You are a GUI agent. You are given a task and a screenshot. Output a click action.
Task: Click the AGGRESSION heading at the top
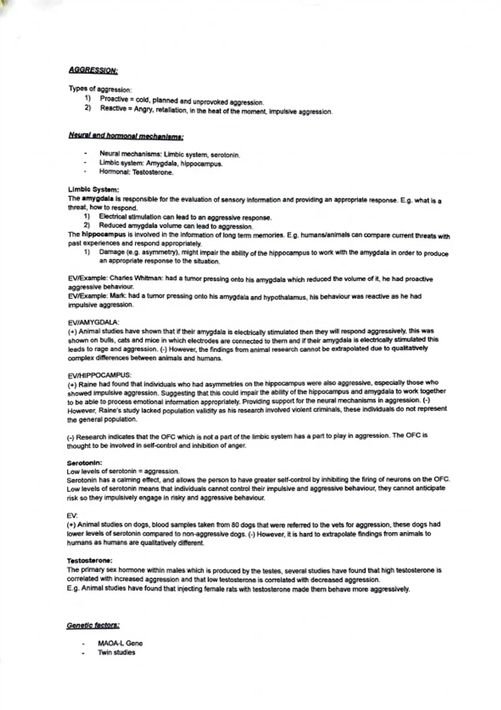pyautogui.click(x=93, y=70)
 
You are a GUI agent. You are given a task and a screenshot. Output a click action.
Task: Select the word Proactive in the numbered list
pyautogui.click(x=114, y=99)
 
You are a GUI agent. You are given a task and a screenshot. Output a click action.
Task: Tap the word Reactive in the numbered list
pyautogui.click(x=113, y=109)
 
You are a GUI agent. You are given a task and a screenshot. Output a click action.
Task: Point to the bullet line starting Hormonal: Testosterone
pyautogui.click(x=136, y=172)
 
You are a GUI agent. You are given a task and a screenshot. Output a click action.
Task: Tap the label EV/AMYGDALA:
pyautogui.click(x=93, y=322)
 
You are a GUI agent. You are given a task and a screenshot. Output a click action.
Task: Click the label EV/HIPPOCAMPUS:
pyautogui.click(x=99, y=375)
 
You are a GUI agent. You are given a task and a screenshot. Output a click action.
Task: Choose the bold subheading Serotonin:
pyautogui.click(x=84, y=463)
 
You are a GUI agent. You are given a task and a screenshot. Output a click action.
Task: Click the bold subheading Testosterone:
pyautogui.click(x=89, y=560)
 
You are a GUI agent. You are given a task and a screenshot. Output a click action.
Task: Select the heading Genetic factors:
pyautogui.click(x=93, y=625)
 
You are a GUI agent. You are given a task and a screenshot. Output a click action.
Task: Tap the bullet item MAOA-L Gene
pyautogui.click(x=120, y=643)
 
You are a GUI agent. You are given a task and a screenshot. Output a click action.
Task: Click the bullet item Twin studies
pyautogui.click(x=116, y=652)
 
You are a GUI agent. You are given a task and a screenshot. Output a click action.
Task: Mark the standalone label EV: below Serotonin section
pyautogui.click(x=72, y=515)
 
